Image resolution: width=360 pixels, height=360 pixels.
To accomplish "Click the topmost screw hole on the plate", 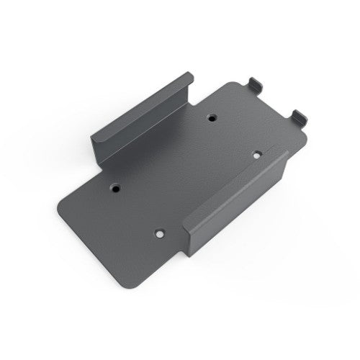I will click(x=211, y=116).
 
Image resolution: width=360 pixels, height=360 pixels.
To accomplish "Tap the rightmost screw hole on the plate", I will click(x=256, y=154).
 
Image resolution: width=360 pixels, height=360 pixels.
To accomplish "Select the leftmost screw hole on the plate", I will click(x=115, y=186).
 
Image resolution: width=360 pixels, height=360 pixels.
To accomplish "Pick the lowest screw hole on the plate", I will click(x=160, y=233).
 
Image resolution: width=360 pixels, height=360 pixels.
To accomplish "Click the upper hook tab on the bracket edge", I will click(x=256, y=84).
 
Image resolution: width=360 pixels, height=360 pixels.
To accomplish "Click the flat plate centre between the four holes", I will click(x=186, y=173).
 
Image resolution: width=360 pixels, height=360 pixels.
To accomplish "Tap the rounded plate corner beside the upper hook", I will click(x=238, y=85).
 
